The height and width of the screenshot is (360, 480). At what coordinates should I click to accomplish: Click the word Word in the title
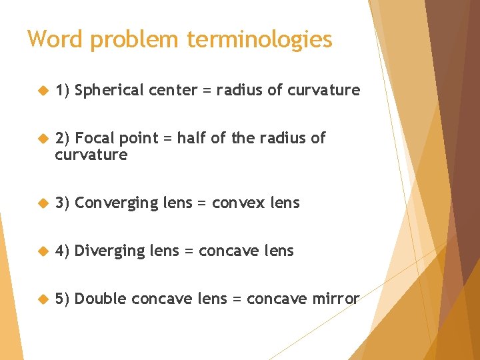pyautogui.click(x=55, y=39)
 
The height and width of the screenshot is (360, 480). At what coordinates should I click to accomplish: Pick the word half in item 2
pyautogui.click(x=191, y=138)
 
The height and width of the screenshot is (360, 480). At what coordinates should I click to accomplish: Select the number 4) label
pyautogui.click(x=63, y=251)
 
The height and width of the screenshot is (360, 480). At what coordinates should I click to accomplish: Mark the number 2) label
pyautogui.click(x=63, y=138)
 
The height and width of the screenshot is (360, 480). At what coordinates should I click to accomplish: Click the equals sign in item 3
pyautogui.click(x=202, y=203)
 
